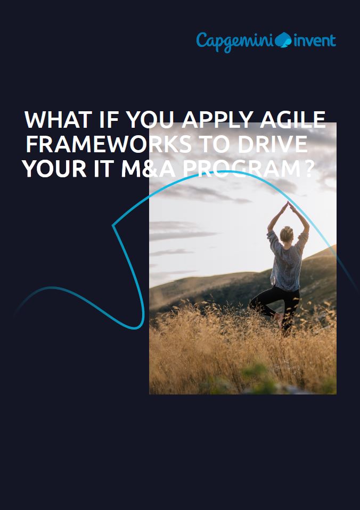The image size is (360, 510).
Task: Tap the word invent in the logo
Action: point(315,41)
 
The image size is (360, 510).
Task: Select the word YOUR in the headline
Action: point(54,169)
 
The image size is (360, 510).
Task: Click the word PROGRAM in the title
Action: point(244,169)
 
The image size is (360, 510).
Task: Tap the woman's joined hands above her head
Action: point(288,205)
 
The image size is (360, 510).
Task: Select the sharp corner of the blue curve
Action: point(113,225)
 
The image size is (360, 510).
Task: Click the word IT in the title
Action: point(103,169)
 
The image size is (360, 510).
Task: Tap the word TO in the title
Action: point(215,144)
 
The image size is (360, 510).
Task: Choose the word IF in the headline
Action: point(109,119)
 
